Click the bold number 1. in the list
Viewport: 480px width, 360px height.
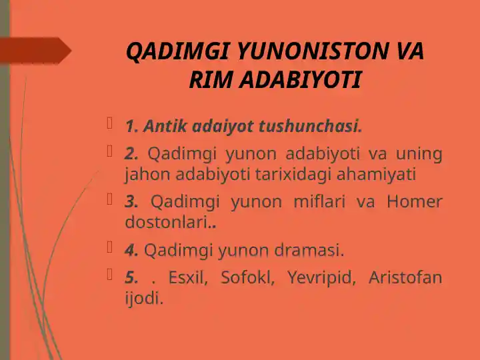131,125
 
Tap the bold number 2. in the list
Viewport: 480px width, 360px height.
131,154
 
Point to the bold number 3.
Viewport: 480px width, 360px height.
131,202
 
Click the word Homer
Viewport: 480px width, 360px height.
414,202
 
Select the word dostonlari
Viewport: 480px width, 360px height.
167,223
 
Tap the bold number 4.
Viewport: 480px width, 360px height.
132,251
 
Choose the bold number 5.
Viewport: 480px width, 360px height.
131,277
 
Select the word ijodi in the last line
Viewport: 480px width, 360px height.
143,298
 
